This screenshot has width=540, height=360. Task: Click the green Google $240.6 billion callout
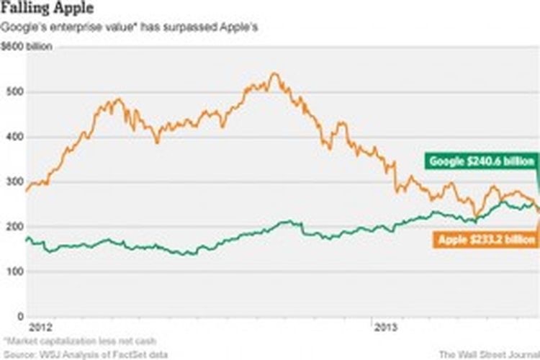(480, 161)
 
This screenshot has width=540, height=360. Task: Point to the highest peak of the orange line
(274, 73)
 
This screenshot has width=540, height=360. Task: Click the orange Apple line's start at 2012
(27, 190)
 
